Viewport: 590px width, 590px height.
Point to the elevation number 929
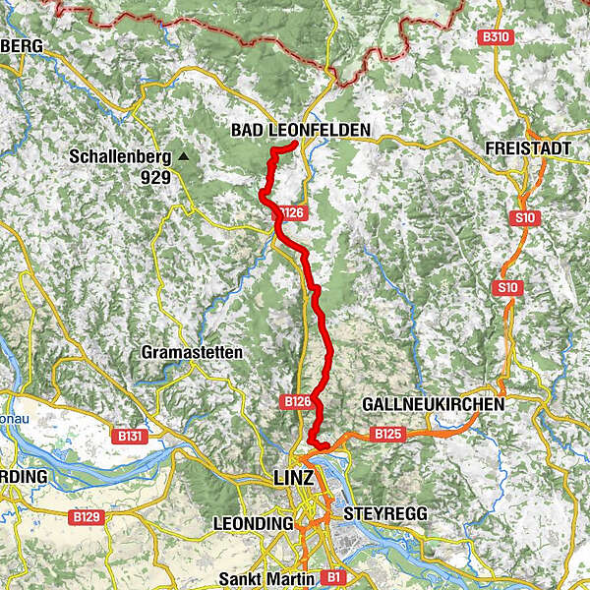155,178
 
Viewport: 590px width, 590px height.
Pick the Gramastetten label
192,352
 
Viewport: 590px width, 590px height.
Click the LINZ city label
292,477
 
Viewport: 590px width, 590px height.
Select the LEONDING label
255,524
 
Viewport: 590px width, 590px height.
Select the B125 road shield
387,433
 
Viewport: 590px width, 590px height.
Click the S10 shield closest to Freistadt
522,217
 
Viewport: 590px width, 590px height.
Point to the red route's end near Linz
327,448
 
